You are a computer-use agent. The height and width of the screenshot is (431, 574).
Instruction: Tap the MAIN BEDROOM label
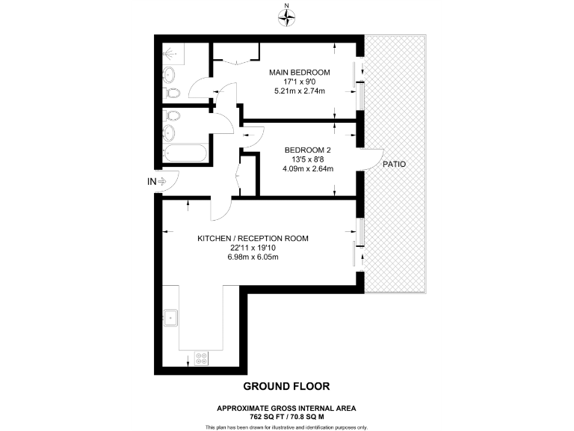[300, 72]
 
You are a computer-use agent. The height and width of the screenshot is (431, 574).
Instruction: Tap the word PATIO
[394, 164]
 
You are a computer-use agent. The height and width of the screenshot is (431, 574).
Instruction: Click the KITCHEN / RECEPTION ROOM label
[253, 239]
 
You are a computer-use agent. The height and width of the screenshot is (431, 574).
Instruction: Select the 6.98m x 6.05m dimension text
[253, 257]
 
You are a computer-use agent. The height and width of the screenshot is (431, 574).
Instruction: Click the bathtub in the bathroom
[185, 154]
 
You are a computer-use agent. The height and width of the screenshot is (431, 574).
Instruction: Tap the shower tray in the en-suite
[172, 54]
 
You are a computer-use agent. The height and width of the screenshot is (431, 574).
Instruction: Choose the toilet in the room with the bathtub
[173, 115]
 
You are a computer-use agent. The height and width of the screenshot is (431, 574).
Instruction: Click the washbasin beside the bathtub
[170, 133]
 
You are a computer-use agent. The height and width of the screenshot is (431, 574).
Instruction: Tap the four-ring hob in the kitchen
[201, 358]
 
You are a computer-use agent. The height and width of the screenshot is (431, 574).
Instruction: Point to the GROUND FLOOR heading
[286, 386]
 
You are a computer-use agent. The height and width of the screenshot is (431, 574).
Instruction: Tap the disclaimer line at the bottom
[286, 427]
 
